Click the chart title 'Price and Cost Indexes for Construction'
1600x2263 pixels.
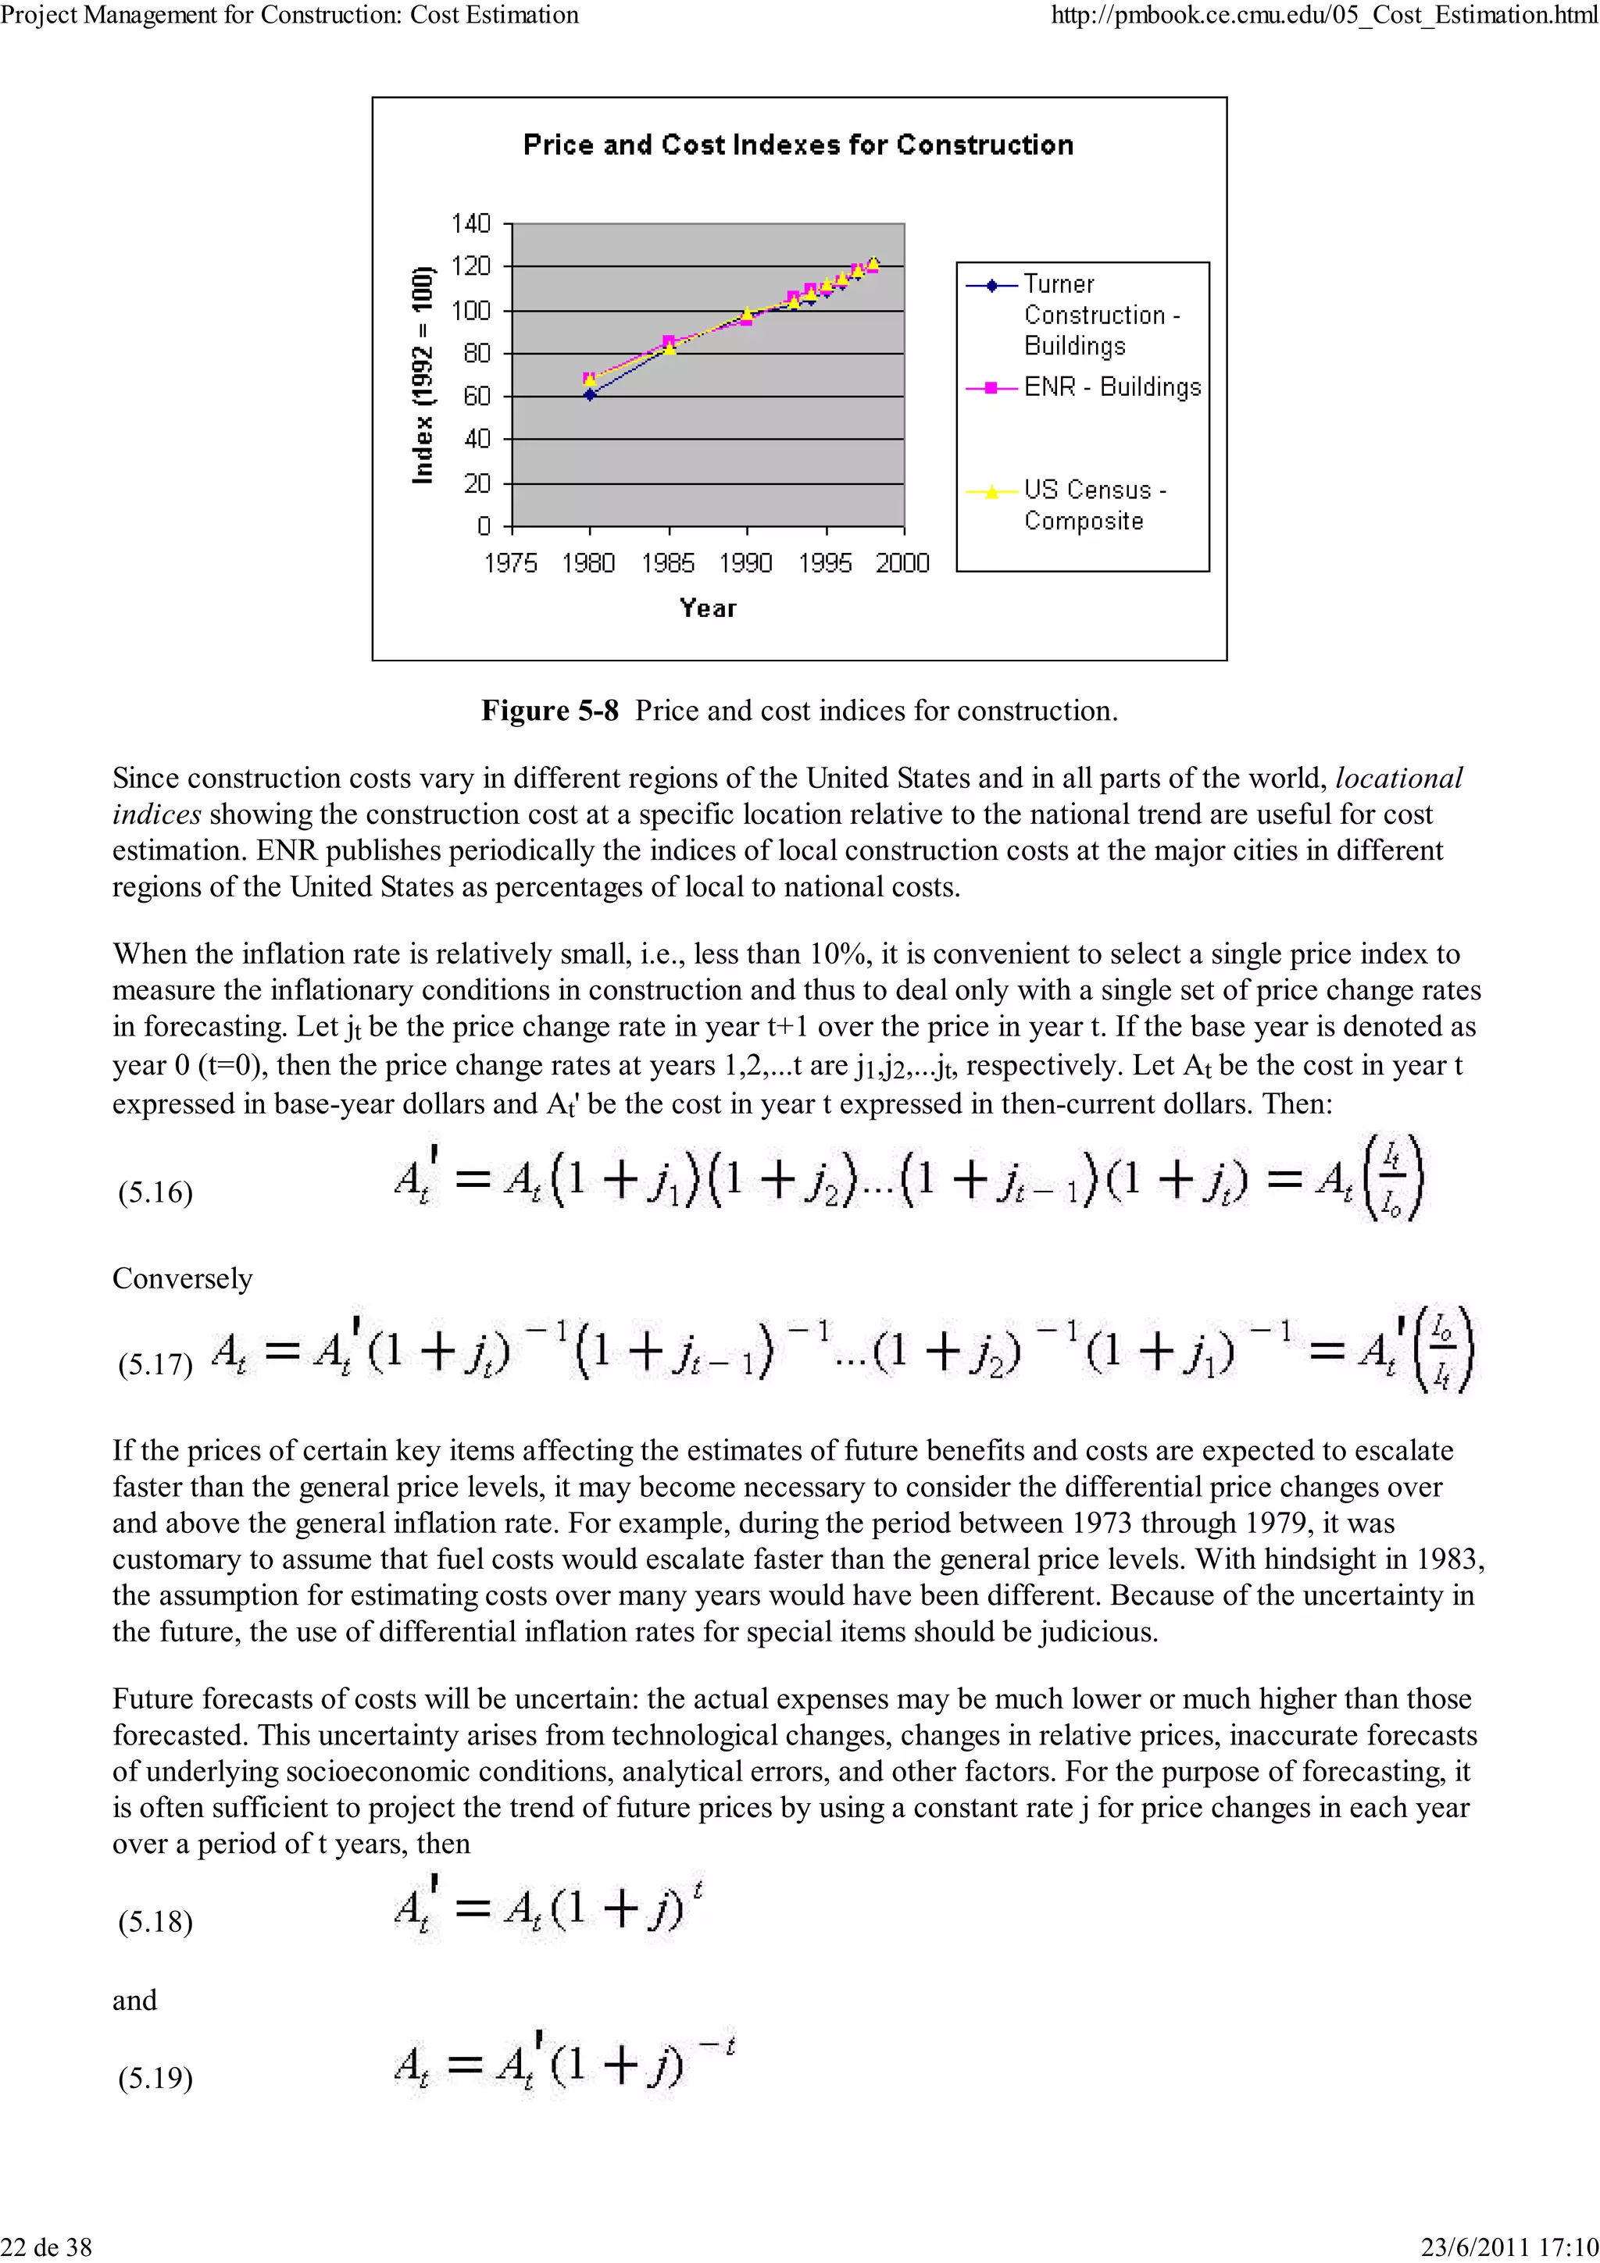(798, 145)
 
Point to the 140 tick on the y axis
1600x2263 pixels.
(470, 224)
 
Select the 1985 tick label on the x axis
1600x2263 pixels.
(667, 563)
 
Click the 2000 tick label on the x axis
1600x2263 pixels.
(902, 563)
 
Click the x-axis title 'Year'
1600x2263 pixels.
(707, 608)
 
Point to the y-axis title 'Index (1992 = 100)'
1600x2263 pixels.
(422, 376)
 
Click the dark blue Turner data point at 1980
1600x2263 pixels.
(590, 394)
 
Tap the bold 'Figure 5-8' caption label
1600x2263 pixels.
(549, 711)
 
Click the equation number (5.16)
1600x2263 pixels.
(155, 1192)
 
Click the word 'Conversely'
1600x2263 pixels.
(182, 1278)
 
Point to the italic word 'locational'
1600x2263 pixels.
(1398, 779)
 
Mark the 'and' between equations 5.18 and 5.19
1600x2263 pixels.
(134, 2000)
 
